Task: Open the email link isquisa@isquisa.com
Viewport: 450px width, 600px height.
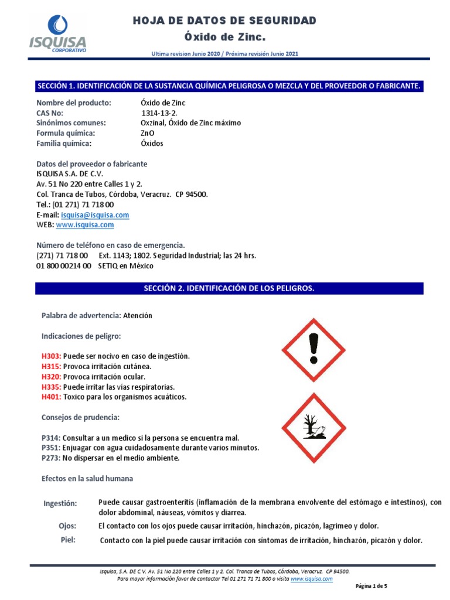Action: point(95,215)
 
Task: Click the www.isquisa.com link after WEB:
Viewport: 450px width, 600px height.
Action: point(85,225)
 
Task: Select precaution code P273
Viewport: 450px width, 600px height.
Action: point(51,458)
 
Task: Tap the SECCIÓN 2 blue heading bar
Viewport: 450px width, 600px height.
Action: point(229,288)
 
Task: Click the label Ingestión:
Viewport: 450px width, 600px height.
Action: point(60,503)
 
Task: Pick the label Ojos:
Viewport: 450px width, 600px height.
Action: point(68,526)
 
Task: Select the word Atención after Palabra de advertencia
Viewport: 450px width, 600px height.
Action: point(137,315)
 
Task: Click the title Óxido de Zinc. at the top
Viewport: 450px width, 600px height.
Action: point(225,38)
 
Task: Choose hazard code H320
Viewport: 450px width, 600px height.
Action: point(51,377)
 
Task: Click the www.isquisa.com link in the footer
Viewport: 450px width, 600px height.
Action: point(312,578)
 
